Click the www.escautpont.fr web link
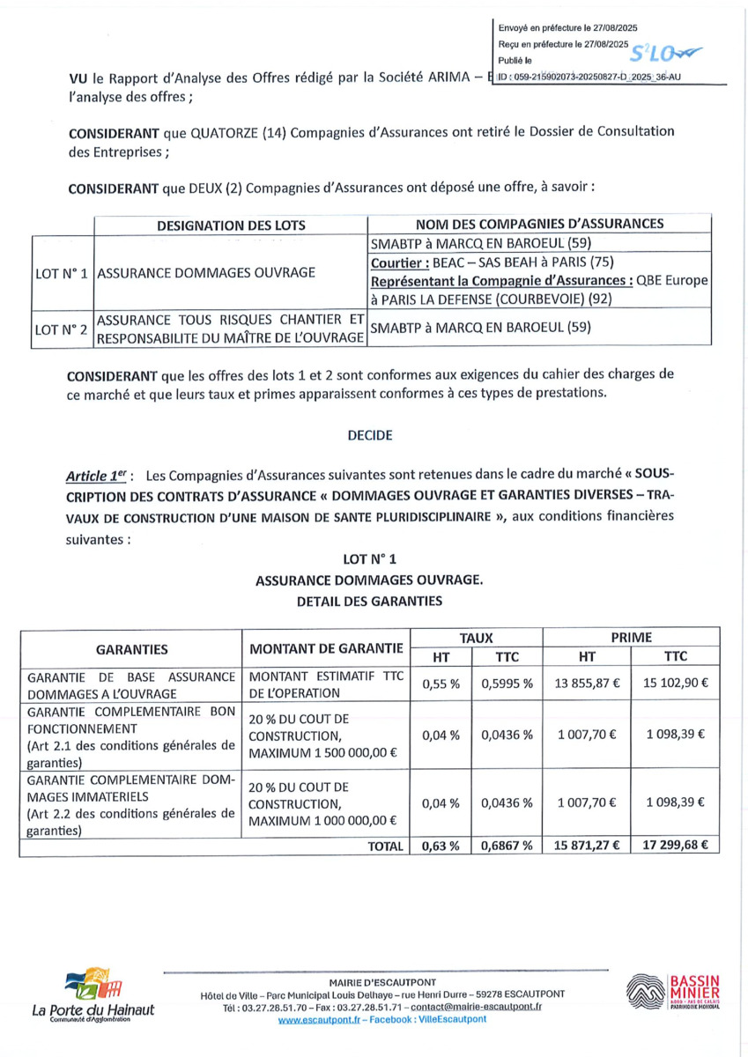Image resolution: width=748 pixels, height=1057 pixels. tap(316, 1019)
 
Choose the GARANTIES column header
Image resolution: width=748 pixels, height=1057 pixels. tap(131, 648)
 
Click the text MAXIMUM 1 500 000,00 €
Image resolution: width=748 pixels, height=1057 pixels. tap(322, 753)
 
